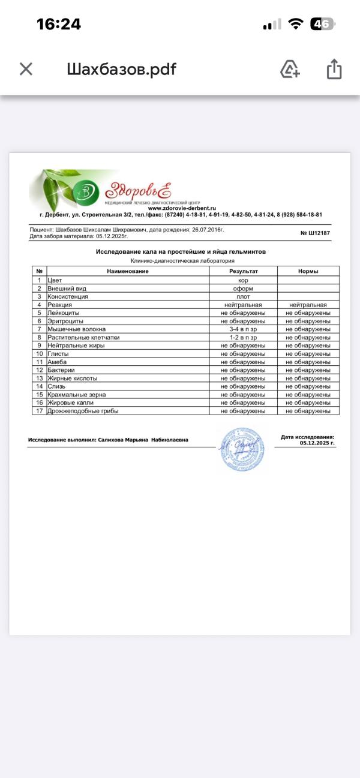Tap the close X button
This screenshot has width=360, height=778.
26,69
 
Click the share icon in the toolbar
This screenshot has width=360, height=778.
334,69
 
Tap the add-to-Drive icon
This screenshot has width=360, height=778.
290,69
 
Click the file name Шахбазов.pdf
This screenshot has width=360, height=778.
121,69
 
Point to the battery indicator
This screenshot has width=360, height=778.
322,24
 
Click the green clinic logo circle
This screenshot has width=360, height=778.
86,192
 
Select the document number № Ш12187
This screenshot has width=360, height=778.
315,233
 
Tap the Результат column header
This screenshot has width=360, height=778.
243,271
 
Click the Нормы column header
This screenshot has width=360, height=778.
308,271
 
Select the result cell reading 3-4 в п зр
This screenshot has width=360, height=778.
243,329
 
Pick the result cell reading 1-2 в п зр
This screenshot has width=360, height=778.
243,338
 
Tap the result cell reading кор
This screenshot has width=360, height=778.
243,280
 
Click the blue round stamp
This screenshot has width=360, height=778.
241,448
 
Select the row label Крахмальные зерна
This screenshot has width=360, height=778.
75,395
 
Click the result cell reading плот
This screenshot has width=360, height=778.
243,296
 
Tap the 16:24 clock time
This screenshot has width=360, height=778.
59,24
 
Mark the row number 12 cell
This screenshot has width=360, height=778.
39,370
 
